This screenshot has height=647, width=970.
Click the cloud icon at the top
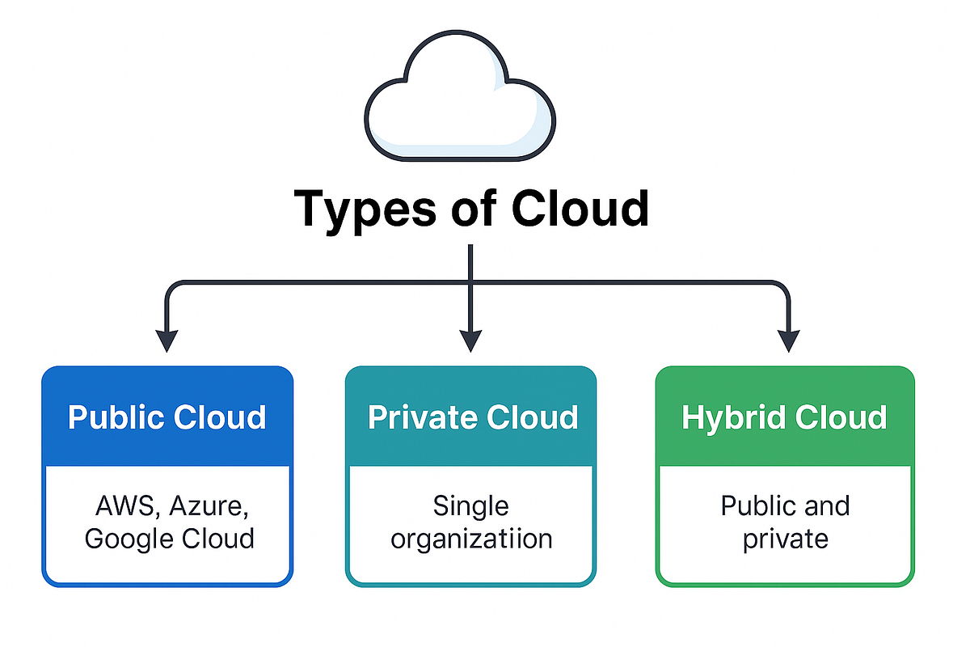point(460,96)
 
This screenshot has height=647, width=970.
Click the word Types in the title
point(365,211)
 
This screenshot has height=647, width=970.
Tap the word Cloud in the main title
point(580,208)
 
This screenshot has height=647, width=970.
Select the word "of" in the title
point(474,208)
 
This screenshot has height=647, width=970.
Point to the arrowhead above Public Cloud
point(167,340)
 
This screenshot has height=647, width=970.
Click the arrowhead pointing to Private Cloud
point(470,340)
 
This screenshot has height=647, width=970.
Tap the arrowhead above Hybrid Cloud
point(789,340)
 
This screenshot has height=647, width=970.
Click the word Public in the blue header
point(116,417)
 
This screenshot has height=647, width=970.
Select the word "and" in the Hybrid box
point(825,505)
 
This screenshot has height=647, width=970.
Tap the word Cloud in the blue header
point(220,417)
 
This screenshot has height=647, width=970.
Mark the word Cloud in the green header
point(841,417)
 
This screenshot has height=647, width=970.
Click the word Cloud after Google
point(217,539)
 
